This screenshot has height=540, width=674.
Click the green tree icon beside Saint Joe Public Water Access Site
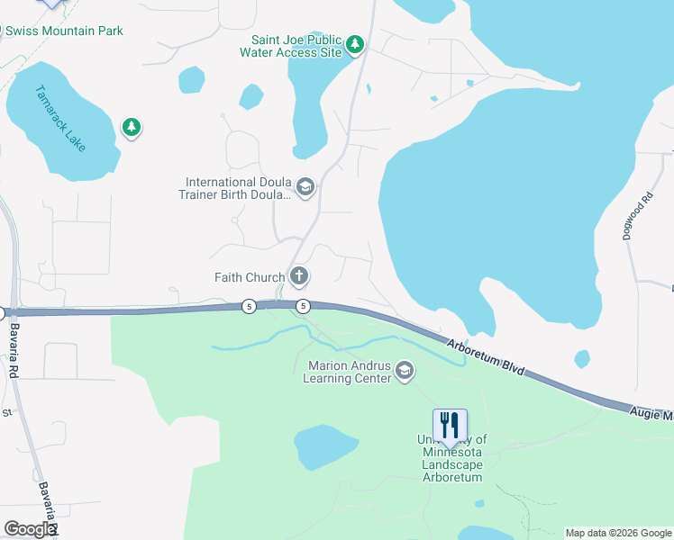click(x=355, y=44)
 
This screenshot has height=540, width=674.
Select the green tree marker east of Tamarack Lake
click(x=132, y=128)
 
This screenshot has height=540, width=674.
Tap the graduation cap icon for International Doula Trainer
click(x=305, y=187)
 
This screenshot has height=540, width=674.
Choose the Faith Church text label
click(x=250, y=277)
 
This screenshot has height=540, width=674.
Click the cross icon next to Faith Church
click(x=299, y=276)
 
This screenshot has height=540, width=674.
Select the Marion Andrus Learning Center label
click(x=350, y=372)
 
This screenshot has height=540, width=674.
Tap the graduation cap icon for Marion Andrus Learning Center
click(x=405, y=371)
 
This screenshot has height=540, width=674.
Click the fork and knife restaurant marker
click(x=450, y=425)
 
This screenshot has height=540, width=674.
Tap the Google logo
click(x=30, y=528)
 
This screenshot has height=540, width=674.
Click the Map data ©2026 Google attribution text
click(x=617, y=532)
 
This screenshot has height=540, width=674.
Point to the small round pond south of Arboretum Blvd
click(x=581, y=359)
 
